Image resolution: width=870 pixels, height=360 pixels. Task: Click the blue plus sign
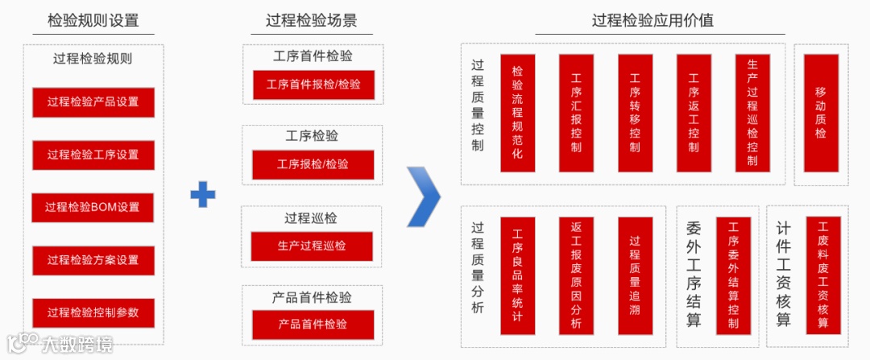203,194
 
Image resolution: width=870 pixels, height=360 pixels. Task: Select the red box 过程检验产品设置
93,102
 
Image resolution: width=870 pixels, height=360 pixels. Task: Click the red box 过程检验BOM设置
93,207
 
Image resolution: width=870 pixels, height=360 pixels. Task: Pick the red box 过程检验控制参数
93,312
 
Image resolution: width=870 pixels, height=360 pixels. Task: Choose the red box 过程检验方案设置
93,260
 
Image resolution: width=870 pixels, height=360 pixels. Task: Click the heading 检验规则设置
93,21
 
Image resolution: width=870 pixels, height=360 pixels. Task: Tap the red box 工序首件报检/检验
313,85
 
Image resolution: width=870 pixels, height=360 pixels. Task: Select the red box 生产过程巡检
313,245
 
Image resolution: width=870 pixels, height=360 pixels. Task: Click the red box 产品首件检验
313,324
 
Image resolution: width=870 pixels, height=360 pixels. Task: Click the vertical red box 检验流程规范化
517,112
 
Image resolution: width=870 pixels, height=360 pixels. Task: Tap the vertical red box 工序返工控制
694,112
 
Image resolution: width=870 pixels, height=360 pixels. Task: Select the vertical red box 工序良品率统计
517,274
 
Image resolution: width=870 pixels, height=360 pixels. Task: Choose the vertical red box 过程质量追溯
635,274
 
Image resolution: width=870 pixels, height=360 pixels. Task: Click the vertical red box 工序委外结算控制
733,274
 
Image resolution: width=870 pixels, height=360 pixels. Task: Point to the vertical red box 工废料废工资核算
822,274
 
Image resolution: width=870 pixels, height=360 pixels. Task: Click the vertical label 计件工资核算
783,274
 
